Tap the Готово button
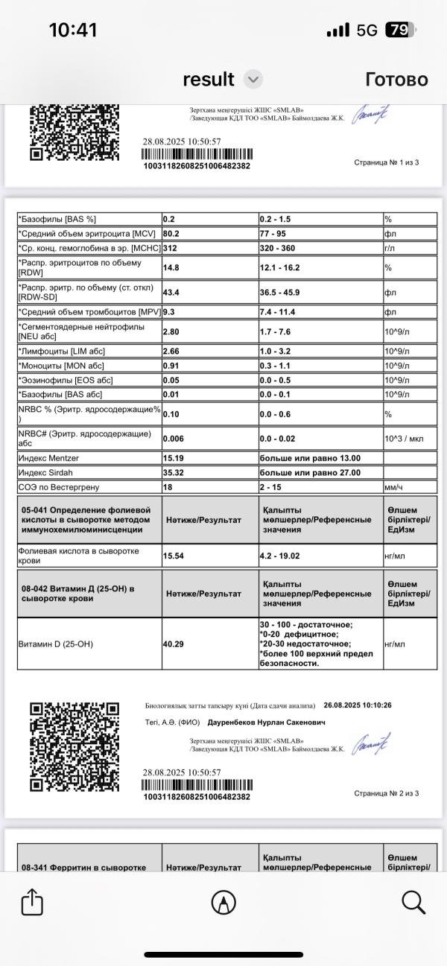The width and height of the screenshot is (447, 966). [x=396, y=79]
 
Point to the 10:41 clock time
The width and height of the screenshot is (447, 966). [x=73, y=30]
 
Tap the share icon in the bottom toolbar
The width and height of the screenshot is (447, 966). [x=32, y=903]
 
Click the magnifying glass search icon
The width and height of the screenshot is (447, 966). [x=413, y=902]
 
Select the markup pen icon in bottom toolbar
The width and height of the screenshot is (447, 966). [x=223, y=903]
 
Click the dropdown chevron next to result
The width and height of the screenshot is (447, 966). [x=253, y=79]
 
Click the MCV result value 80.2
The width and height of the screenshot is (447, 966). [x=172, y=233]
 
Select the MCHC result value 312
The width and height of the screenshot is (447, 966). [x=171, y=247]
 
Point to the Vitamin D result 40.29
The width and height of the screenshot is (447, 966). [x=174, y=644]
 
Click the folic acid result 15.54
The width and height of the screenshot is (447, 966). [x=174, y=556]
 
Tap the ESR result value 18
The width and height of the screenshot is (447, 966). [x=168, y=486]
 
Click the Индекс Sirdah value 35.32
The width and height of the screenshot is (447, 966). [x=174, y=472]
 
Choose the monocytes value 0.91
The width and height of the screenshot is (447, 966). [x=172, y=366]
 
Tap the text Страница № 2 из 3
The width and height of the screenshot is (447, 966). [x=386, y=793]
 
